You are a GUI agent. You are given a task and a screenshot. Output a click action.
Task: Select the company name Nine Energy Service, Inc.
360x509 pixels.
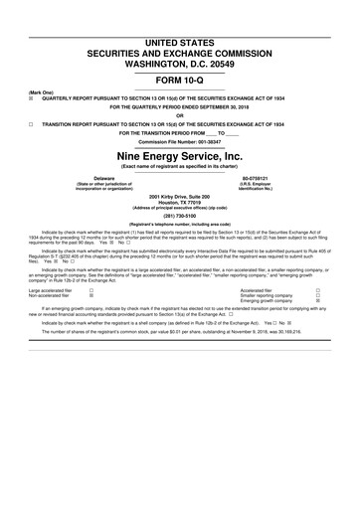pyautogui.click(x=179, y=155)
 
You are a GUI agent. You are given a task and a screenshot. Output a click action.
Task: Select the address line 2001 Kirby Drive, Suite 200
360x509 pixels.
pyautogui.click(x=179, y=199)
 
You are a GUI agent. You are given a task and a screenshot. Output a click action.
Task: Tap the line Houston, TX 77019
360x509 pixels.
pyautogui.click(x=179, y=206)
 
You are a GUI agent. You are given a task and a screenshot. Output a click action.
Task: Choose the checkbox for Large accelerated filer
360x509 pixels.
pyautogui.click(x=91, y=289)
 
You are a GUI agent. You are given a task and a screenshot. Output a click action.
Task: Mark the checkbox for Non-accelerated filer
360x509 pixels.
pyautogui.click(x=91, y=296)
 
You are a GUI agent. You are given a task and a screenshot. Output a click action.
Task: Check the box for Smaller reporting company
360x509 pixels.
pyautogui.click(x=317, y=296)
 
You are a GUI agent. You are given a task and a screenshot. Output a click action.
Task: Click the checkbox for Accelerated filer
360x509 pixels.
pyautogui.click(x=317, y=289)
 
